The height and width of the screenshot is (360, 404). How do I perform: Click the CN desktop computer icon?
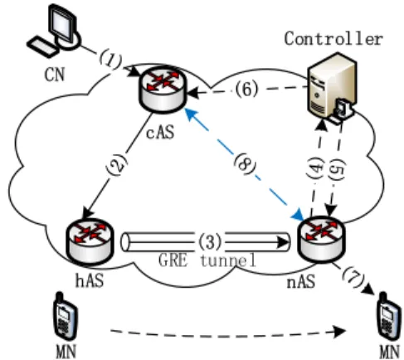coord(55,31)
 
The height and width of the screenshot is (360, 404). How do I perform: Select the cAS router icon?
coord(163,90)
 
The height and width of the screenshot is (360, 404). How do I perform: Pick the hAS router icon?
coord(90,242)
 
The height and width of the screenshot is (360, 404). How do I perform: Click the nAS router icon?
coord(321,240)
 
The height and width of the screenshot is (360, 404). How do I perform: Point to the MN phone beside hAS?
coord(65,316)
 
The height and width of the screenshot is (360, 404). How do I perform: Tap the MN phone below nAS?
coord(390,316)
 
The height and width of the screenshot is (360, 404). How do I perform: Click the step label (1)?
coord(110,60)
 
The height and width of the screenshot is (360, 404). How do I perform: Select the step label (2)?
coord(117,164)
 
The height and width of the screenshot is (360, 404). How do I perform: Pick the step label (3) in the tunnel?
coord(210,241)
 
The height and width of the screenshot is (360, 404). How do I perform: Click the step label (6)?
coord(246,90)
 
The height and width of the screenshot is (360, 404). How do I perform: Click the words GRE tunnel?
coord(207,260)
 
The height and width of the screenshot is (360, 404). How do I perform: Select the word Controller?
coord(333,38)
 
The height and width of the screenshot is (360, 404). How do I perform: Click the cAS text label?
coord(160,132)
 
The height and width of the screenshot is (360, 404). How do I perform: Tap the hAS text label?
coord(90,280)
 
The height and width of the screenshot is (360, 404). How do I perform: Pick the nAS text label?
coord(301,282)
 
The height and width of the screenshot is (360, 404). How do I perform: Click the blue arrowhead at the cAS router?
coord(191,114)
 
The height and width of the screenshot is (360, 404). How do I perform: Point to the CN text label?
coord(55,75)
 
